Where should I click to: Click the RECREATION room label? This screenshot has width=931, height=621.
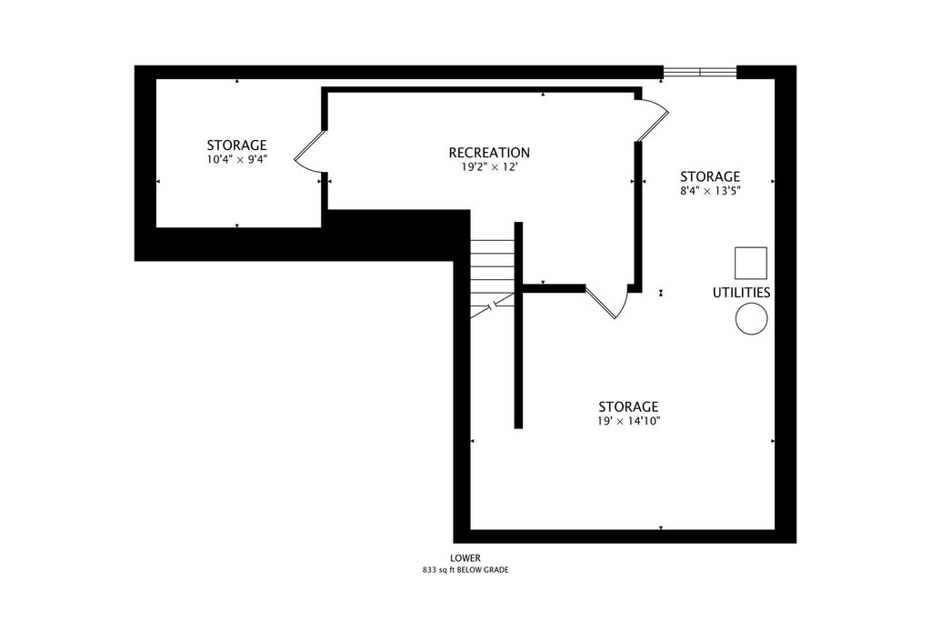tap(488, 153)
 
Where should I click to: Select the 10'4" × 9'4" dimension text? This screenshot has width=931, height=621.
tap(236, 159)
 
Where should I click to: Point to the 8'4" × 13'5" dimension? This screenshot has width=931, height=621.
tap(710, 191)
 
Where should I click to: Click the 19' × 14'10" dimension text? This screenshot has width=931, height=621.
tap(629, 421)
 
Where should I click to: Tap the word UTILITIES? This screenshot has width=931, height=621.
tap(741, 293)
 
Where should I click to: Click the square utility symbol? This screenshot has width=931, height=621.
tap(750, 263)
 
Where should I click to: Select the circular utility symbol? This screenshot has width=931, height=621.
tap(751, 318)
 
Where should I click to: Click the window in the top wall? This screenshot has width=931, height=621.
tap(700, 72)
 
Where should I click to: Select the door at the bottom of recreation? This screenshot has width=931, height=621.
tap(606, 301)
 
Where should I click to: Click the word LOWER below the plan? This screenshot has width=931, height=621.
tap(465, 558)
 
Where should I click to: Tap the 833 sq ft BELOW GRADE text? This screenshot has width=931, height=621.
tap(465, 570)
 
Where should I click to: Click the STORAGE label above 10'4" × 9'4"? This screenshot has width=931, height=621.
tap(236, 145)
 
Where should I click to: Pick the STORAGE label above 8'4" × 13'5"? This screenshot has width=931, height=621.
tap(710, 176)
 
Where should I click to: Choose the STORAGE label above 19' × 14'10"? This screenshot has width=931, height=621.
tap(628, 406)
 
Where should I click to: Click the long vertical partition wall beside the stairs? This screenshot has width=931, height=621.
tap(518, 325)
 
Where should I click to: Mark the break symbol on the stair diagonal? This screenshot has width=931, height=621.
tap(492, 305)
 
